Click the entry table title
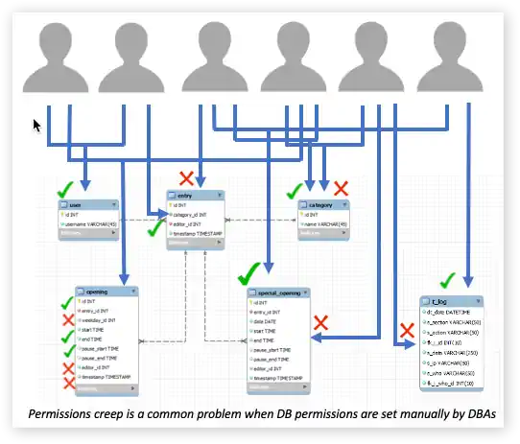[195, 195]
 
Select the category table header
[322, 204]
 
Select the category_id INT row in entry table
[199, 214]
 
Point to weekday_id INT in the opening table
[107, 319]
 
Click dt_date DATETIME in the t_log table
[455, 312]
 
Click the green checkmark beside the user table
[65, 189]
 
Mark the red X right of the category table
[341, 188]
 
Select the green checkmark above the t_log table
[446, 281]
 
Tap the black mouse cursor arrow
[37, 125]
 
